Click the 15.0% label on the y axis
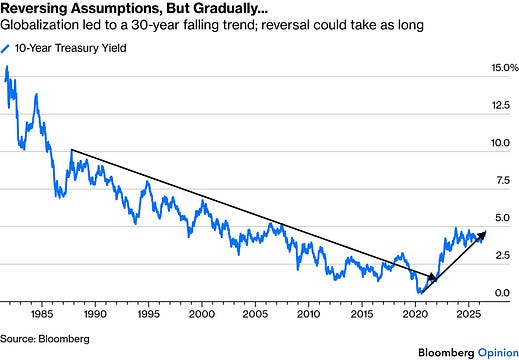505,68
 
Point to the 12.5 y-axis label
501,105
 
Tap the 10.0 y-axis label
500,143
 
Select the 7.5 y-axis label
503,180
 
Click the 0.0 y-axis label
502,293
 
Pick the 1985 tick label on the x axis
42,314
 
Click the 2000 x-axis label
202,314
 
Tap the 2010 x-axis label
308,314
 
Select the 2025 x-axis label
468,314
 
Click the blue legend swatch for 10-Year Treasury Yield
5,49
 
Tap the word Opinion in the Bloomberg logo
498,353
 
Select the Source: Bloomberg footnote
45,339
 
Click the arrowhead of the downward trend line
433,277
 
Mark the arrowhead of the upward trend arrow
482,235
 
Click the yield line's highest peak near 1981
7,66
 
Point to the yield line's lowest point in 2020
420,293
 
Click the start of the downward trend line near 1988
72,150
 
